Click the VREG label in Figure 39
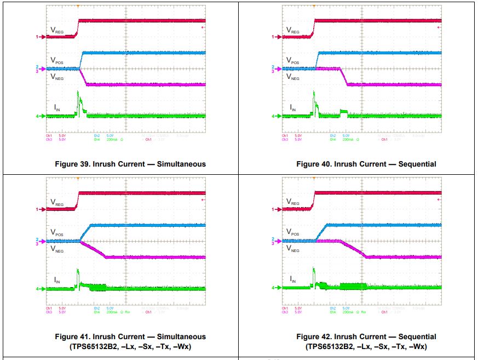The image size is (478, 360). tap(57, 31)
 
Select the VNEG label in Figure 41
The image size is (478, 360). tap(57, 249)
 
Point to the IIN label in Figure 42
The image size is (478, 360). tap(293, 279)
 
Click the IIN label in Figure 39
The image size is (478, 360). tap(57, 107)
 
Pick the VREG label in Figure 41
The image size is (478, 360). tap(57, 203)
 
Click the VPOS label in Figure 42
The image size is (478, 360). tap(293, 232)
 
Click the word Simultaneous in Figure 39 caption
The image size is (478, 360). tap(178, 164)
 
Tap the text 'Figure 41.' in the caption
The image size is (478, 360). tap(73, 336)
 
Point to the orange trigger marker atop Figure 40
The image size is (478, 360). tap(314, 7)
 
